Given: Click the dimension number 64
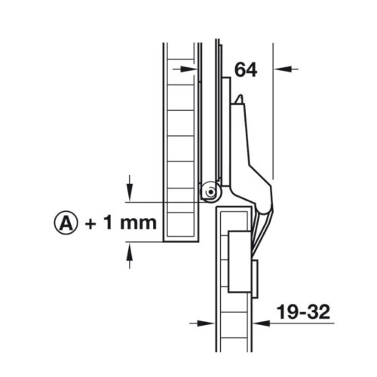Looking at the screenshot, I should pyautogui.click(x=245, y=69).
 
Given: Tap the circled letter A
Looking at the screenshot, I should pyautogui.click(x=66, y=222).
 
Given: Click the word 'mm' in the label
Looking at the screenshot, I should pyautogui.click(x=137, y=222).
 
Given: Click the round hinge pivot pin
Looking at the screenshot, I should pyautogui.click(x=208, y=192).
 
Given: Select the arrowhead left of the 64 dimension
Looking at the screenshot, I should pyautogui.click(x=192, y=69).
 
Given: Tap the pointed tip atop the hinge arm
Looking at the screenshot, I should pyautogui.click(x=238, y=99).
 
